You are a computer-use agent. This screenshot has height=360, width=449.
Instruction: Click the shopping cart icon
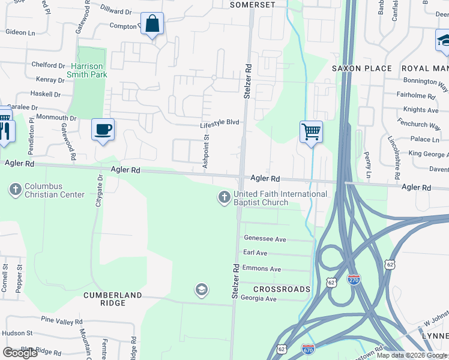(x=311, y=131)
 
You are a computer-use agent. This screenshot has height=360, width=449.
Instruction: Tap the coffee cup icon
(x=103, y=129)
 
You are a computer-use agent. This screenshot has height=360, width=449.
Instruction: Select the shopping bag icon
(x=152, y=25)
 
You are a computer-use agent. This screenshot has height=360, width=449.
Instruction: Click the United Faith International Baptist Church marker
(x=224, y=197)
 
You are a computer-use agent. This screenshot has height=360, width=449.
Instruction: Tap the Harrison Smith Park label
(x=89, y=70)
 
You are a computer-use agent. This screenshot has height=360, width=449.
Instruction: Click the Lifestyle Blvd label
(x=220, y=122)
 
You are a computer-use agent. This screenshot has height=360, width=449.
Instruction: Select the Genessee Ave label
(x=264, y=239)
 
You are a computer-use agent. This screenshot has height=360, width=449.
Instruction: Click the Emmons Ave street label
(x=262, y=269)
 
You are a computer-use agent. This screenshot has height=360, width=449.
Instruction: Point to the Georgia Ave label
(x=258, y=298)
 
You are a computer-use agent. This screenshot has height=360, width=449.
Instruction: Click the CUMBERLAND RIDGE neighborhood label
(x=113, y=299)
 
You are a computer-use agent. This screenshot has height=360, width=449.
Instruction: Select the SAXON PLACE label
(x=362, y=68)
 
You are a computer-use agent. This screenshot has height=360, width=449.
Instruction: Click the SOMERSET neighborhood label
(x=253, y=5)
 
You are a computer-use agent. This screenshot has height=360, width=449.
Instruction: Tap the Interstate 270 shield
(x=354, y=280)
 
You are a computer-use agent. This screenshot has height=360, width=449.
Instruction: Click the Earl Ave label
(x=255, y=253)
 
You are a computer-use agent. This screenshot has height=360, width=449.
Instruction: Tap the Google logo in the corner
(x=20, y=352)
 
